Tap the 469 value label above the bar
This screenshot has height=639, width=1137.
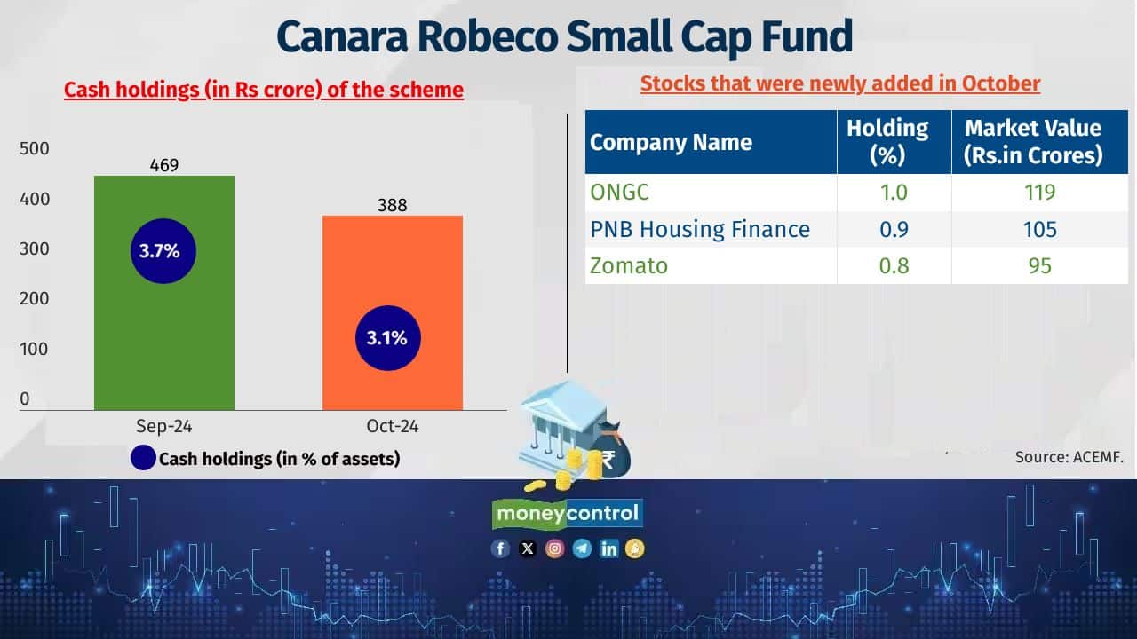(164, 165)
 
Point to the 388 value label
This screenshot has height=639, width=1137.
(392, 205)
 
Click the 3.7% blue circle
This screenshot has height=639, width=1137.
(160, 251)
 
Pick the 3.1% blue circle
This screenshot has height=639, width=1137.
(387, 337)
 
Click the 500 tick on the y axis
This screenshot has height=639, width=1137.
(36, 149)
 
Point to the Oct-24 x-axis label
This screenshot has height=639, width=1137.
(392, 427)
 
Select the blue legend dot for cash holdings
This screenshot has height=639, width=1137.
(143, 459)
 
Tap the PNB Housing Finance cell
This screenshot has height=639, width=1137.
(700, 230)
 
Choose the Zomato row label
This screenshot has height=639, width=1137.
(629, 265)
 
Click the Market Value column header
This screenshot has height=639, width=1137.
(1033, 141)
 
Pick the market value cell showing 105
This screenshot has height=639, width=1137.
(1038, 230)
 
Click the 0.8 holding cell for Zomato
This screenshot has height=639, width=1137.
(893, 265)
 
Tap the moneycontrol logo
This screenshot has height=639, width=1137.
(568, 513)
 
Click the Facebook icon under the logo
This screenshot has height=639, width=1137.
(501, 548)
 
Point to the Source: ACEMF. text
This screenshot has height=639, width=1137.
(1069, 458)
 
